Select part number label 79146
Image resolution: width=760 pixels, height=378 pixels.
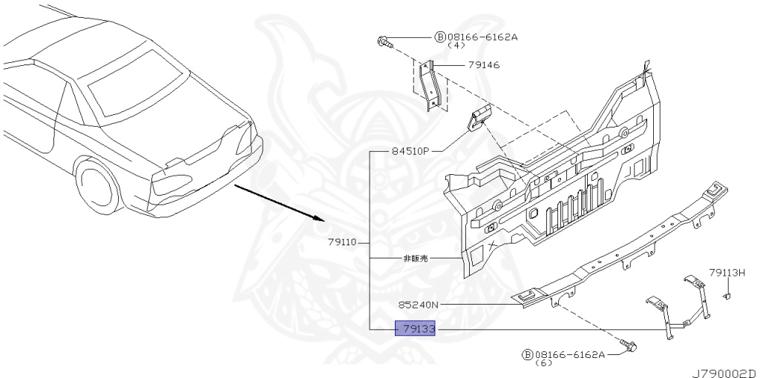[483, 65]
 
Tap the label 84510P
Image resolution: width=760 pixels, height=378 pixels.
[410, 151]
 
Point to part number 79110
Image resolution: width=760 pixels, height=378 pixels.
[342, 242]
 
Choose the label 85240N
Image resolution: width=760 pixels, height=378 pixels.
[418, 305]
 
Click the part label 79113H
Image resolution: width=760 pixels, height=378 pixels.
[726, 273]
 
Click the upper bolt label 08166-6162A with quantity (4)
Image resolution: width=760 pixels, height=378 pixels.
[482, 36]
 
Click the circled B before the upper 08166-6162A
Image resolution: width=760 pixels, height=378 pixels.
[439, 36]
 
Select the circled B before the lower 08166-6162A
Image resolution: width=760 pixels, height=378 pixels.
[527, 355]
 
